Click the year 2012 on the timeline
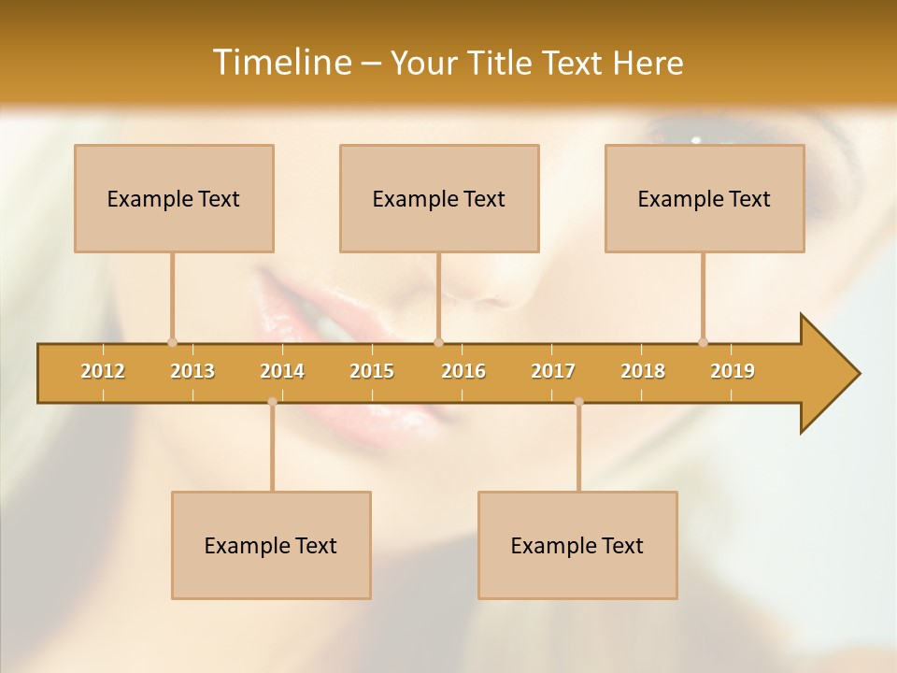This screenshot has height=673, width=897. coord(103,371)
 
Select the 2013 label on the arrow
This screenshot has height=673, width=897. coord(192,371)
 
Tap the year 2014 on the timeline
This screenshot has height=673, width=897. coord(282,371)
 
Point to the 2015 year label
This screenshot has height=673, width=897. coord(372,371)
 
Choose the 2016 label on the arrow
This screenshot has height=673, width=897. coord(463,371)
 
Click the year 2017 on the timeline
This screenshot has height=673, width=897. coord(553,371)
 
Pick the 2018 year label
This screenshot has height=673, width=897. coord(643,371)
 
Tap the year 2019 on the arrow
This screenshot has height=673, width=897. coord(733,371)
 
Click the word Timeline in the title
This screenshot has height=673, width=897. coord(280,63)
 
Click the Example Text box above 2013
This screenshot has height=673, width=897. coord(174,198)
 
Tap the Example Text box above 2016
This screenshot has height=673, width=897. coord(439,198)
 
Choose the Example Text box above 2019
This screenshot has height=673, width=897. coord(705,198)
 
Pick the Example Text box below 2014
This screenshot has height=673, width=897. coord(271,545)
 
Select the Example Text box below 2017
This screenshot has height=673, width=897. coord(577,545)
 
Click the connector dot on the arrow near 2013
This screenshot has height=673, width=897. coord(172,342)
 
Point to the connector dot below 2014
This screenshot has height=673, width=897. coord(272,402)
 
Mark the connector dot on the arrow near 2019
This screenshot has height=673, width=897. coord(703,342)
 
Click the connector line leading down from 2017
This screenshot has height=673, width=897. coord(578,447)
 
